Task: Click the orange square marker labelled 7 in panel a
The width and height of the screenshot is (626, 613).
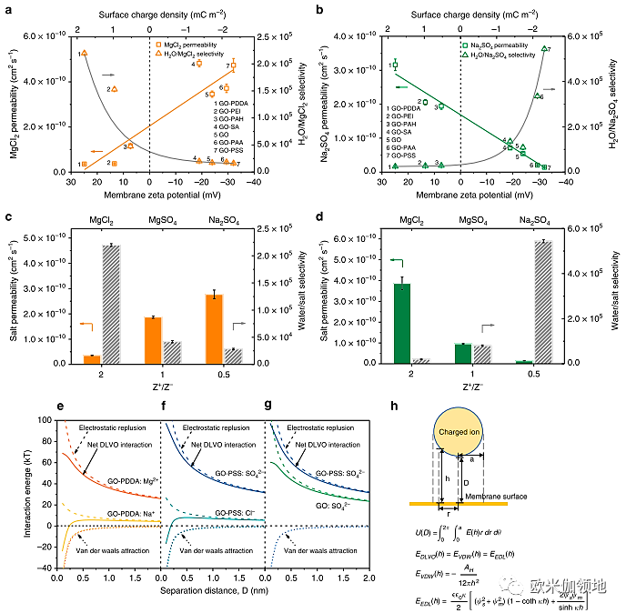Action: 234,65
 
